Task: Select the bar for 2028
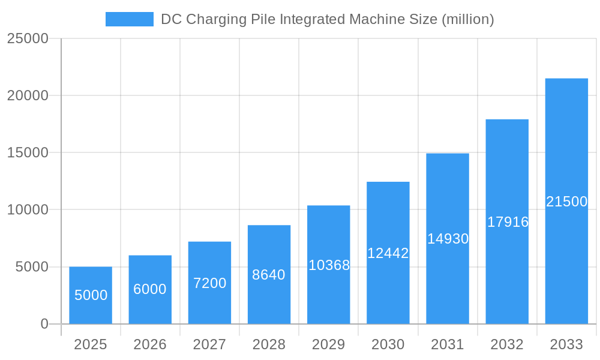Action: pyautogui.click(x=269, y=300)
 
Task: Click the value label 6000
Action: pyautogui.click(x=150, y=289)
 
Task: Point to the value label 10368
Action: pyautogui.click(x=329, y=265)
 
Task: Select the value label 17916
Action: pyautogui.click(x=508, y=222)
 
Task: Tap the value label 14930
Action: pyautogui.click(x=448, y=239)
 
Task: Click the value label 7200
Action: pyautogui.click(x=209, y=283)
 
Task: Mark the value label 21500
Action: pyautogui.click(x=566, y=202)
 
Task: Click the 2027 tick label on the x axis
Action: pyautogui.click(x=209, y=344)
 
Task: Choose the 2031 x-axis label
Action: pyautogui.click(x=448, y=344)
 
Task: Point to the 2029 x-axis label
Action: pyautogui.click(x=329, y=344)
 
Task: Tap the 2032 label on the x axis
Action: pyautogui.click(x=507, y=344)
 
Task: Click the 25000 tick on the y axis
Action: pyautogui.click(x=27, y=38)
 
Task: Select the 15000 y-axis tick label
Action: pyautogui.click(x=27, y=152)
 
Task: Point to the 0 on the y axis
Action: pyautogui.click(x=44, y=324)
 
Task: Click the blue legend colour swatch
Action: pyautogui.click(x=130, y=19)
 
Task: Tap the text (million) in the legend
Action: pyautogui.click(x=467, y=20)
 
